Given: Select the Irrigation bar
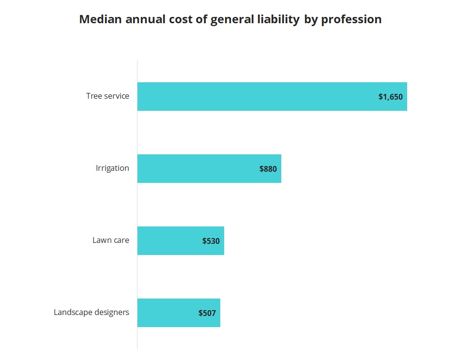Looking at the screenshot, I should coord(209,168).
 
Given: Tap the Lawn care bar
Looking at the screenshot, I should coord(180,240).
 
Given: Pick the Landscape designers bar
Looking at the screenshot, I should coord(178,313).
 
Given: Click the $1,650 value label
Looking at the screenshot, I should coord(390,97).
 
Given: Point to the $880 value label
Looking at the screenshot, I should coord(268,169).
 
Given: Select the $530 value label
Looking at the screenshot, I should coord(211,241).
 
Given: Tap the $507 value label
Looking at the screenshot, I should coord(207,313).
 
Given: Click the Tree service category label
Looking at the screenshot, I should coord(107,96).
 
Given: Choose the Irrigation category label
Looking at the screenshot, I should coord(112,168).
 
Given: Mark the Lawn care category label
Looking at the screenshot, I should coord(111,240).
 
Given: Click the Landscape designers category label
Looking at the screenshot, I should coord(91,312).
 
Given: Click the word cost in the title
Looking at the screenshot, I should coord(175,19).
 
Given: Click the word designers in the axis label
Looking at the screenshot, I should coord(112,312).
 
